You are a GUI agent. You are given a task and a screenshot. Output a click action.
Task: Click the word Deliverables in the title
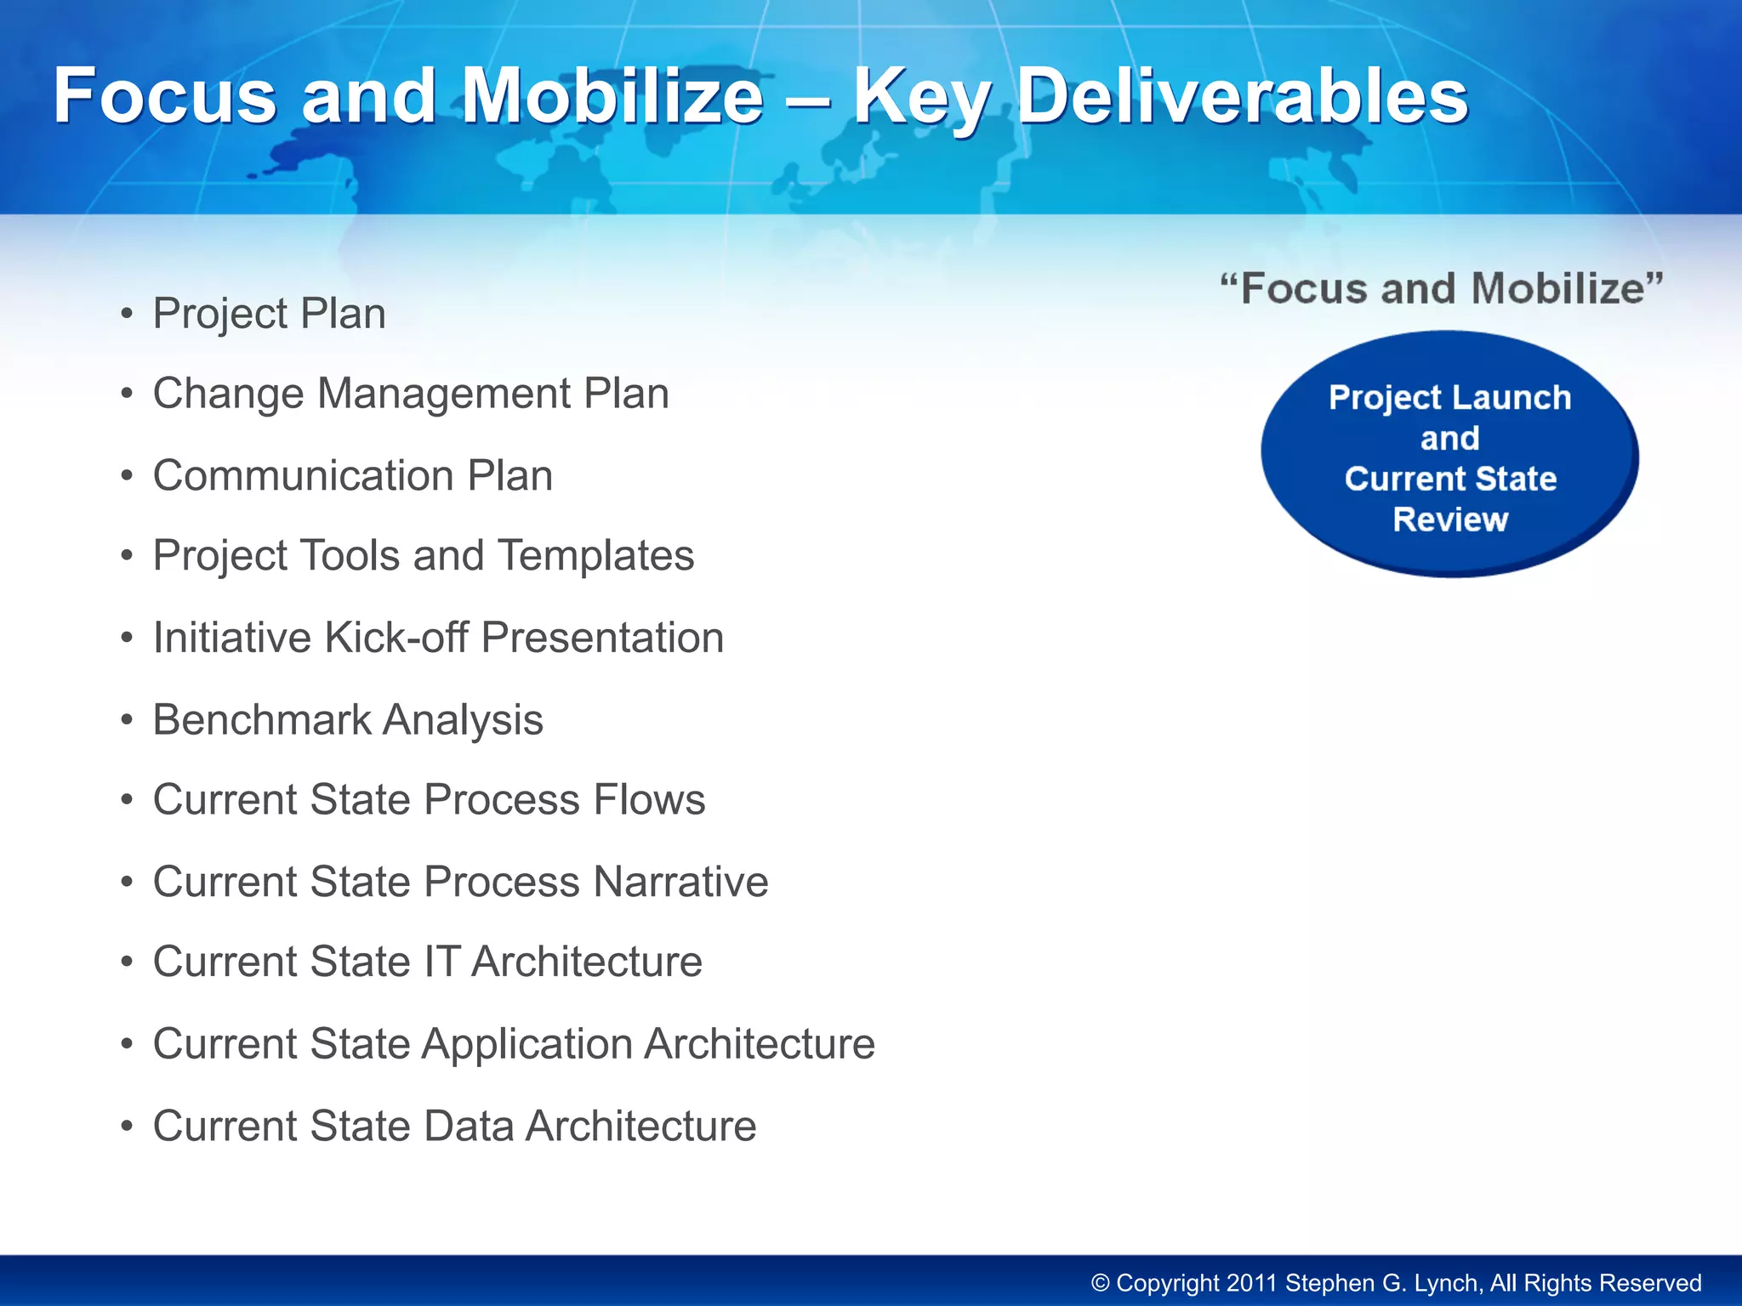[x=1242, y=96]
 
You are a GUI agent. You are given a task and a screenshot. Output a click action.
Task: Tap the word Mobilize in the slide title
[x=612, y=96]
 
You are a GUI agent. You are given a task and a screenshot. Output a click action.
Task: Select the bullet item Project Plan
[x=269, y=314]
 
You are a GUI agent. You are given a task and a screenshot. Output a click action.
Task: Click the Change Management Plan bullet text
[x=411, y=394]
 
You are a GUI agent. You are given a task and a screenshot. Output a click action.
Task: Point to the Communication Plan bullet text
[x=352, y=475]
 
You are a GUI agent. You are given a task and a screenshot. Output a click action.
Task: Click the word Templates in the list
[x=595, y=556]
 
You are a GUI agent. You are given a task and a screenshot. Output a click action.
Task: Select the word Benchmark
[x=261, y=720]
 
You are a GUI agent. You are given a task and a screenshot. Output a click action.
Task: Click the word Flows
[x=649, y=800]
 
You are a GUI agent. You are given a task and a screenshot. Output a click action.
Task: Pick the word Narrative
[x=680, y=882]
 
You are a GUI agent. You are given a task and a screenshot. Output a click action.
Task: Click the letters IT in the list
[x=441, y=962]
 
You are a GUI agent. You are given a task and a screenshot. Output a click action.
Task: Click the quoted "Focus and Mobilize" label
[x=1441, y=289]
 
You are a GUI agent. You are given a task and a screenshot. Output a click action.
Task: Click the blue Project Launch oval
[x=1449, y=455]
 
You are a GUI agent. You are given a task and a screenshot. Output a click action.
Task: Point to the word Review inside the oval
[x=1449, y=520]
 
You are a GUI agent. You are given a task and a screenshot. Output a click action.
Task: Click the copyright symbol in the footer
[x=1100, y=1283]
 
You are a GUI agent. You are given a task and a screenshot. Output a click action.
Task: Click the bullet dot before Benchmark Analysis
[x=127, y=721]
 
